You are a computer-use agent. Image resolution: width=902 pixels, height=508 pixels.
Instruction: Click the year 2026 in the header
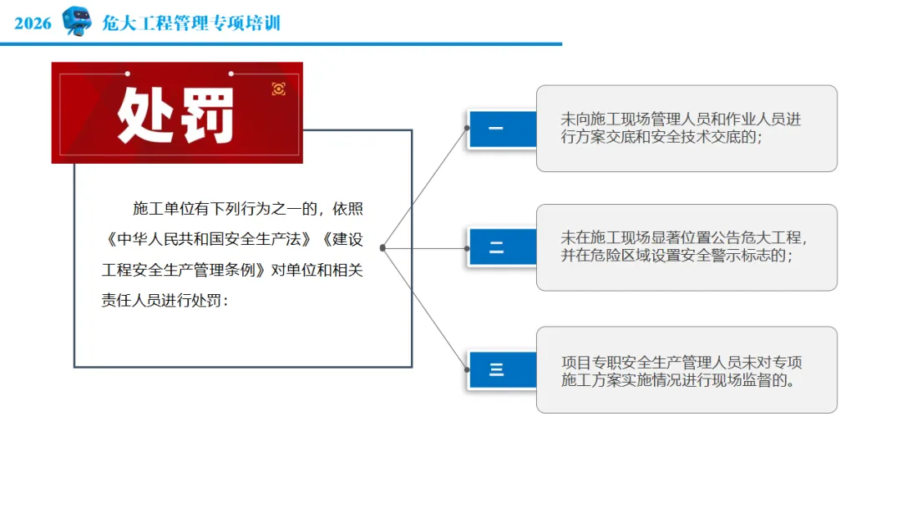click(x=33, y=23)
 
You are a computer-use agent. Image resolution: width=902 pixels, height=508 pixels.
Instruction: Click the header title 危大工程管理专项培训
click(x=191, y=23)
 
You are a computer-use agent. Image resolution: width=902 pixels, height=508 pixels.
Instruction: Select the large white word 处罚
click(x=176, y=114)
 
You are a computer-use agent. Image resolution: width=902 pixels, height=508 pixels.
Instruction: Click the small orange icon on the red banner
click(x=279, y=89)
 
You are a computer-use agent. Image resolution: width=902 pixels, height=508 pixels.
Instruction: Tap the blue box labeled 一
click(x=498, y=130)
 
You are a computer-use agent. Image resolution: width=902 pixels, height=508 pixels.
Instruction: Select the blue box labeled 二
click(x=498, y=248)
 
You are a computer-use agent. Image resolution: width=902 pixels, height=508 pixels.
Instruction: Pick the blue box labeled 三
click(x=498, y=369)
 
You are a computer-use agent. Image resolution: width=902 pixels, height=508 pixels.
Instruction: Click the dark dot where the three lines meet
click(x=383, y=248)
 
